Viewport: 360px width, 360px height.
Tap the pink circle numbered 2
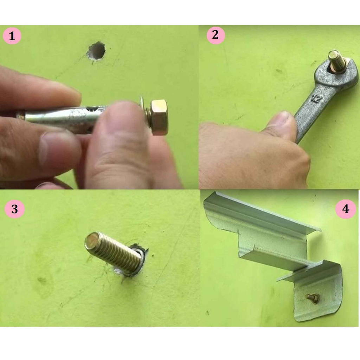[x=216, y=35]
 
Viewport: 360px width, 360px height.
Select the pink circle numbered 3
[x=14, y=209]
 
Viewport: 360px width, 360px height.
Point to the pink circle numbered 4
[x=346, y=209]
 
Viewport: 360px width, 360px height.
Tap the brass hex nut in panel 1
[x=159, y=117]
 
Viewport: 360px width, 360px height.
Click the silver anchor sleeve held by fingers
[x=62, y=117]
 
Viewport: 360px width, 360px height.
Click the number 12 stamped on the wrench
[x=317, y=99]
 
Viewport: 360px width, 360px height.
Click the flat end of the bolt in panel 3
[x=92, y=240]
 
